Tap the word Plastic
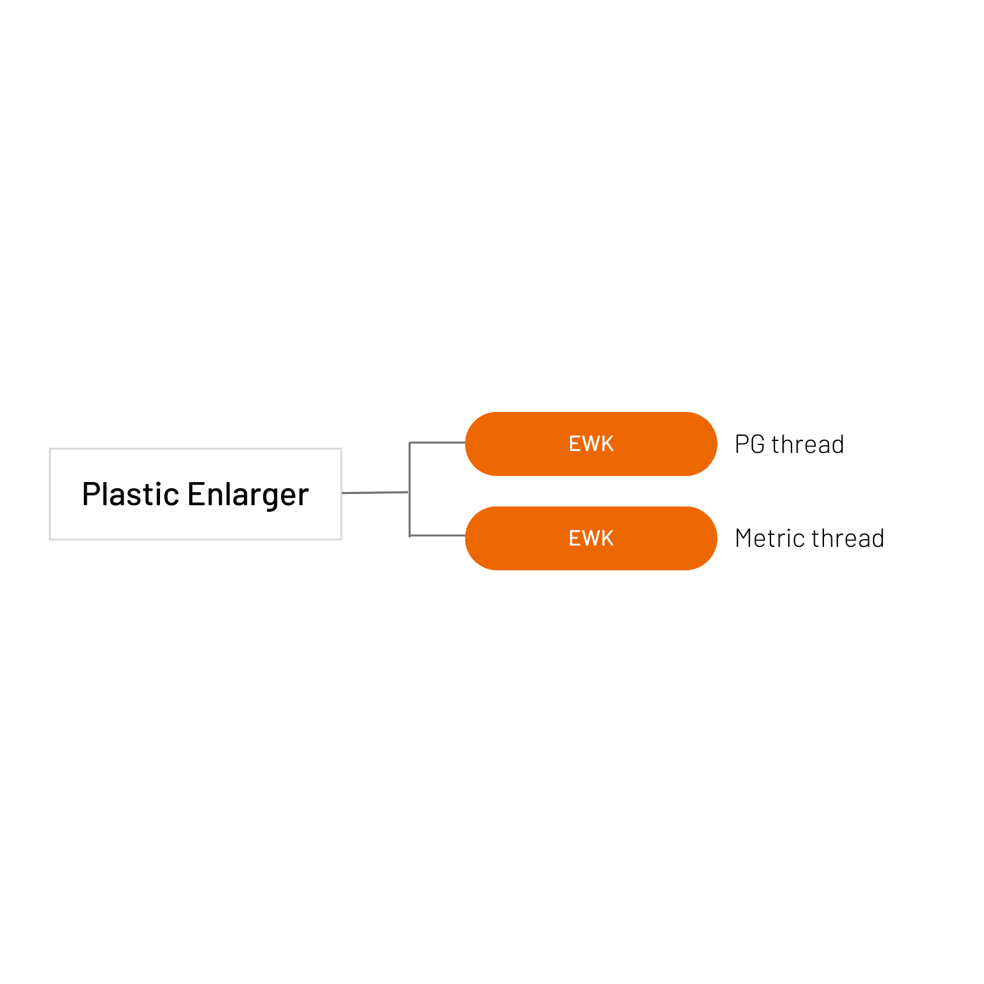(130, 494)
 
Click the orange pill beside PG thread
(591, 444)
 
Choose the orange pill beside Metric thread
(591, 538)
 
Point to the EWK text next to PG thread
(591, 444)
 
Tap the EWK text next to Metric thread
(591, 538)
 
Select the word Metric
(770, 538)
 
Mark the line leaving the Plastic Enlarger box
(375, 493)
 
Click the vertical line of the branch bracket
(410, 489)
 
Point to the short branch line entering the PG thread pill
(438, 442)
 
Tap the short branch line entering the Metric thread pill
(438, 536)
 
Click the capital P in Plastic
(91, 494)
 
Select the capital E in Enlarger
(195, 494)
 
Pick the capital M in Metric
(745, 538)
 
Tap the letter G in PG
(758, 444)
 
